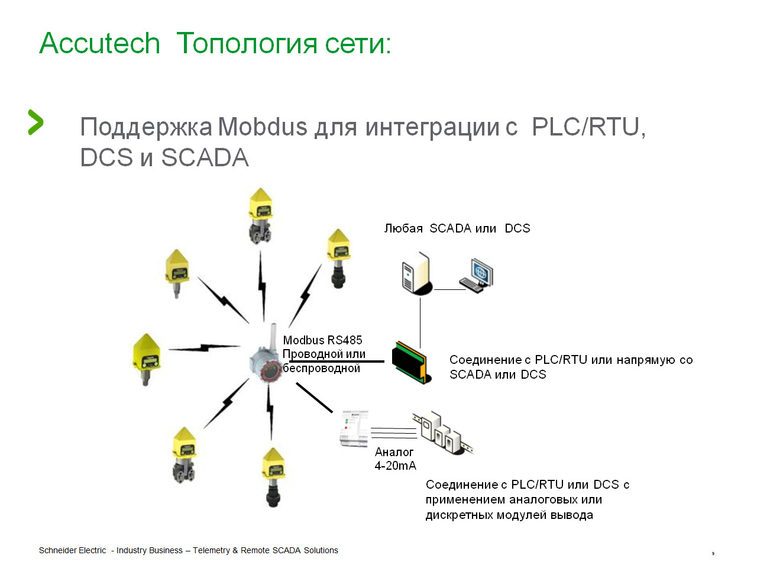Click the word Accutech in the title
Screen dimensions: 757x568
pos(99,43)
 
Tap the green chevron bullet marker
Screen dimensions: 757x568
pos(35,122)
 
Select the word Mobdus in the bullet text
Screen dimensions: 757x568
pos(263,127)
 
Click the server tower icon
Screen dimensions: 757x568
pos(417,273)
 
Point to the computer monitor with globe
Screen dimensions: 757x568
pos(477,276)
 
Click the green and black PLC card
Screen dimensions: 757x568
pos(412,363)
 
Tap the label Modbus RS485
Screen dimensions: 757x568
pos(322,340)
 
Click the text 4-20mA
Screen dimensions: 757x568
pos(395,466)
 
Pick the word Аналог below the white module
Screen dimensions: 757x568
pos(394,452)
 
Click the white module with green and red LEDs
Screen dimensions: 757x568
pos(354,429)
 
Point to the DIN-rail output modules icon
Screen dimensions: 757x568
pos(443,433)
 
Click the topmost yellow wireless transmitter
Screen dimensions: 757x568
pos(261,215)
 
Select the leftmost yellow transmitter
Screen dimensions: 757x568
pos(147,359)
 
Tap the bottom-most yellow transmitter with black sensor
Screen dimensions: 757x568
pos(273,477)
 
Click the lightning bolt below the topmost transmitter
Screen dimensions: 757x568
pos(262,286)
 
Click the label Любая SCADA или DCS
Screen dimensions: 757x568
pos(457,228)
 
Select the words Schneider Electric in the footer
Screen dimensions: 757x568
pos(72,550)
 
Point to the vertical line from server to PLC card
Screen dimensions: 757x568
pos(420,323)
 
